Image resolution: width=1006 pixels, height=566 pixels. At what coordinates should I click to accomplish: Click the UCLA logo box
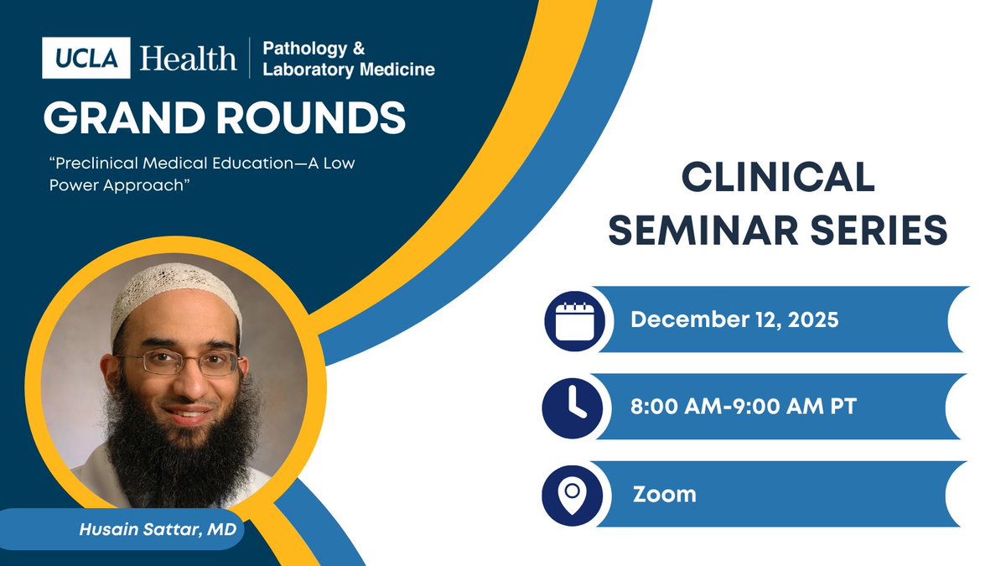(x=86, y=58)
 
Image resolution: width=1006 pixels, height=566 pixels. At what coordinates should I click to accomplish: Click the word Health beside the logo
(x=188, y=59)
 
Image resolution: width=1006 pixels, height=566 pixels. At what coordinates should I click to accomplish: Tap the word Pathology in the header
(x=305, y=49)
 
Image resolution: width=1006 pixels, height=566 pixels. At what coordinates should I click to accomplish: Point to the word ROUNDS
(x=311, y=117)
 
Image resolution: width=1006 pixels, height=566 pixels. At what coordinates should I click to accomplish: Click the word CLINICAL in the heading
(x=778, y=178)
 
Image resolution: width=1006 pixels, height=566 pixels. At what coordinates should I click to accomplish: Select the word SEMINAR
(x=703, y=230)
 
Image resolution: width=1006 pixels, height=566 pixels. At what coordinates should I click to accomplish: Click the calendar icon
(x=575, y=321)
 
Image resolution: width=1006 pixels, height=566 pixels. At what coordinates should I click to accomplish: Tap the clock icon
(x=573, y=408)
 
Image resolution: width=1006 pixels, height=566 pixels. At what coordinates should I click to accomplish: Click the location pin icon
(x=573, y=496)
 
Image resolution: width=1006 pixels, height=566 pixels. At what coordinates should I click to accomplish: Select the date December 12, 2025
(x=734, y=319)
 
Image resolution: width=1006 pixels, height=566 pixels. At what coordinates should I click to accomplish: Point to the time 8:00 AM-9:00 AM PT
(x=744, y=406)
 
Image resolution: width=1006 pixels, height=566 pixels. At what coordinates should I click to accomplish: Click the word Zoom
(x=665, y=494)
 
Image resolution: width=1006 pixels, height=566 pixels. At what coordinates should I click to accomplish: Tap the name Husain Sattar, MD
(x=158, y=529)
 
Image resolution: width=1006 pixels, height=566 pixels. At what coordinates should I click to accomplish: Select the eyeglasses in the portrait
(x=179, y=362)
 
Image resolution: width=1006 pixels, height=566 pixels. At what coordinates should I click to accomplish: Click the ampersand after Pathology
(x=359, y=49)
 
